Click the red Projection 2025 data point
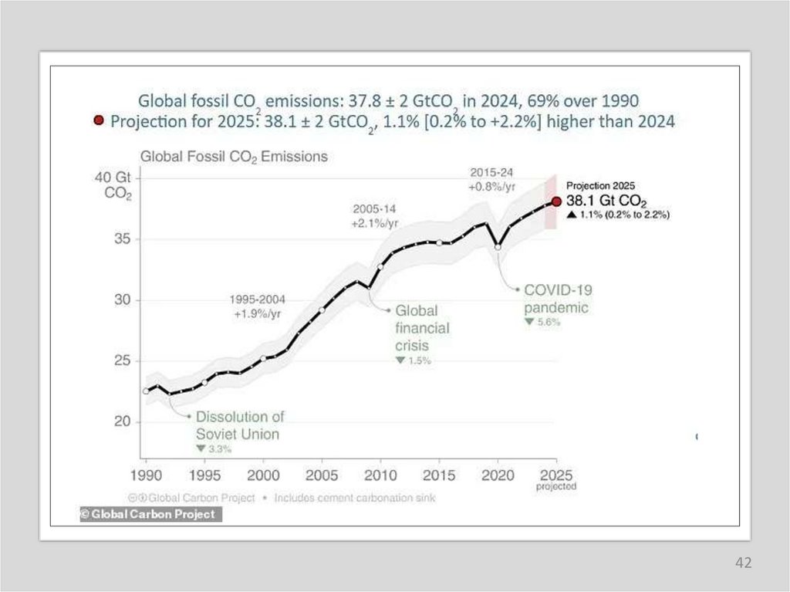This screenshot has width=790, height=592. (556, 201)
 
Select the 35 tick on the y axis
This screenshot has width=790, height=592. (121, 239)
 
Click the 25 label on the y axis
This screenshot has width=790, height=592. (121, 361)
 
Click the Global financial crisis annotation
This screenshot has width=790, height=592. (422, 328)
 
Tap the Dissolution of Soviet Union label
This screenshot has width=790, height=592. (239, 425)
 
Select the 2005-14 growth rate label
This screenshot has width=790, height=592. (375, 216)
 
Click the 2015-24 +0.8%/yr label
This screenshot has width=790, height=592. (491, 179)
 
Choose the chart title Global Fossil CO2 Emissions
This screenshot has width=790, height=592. (233, 157)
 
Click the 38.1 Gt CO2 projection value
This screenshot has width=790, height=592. (606, 201)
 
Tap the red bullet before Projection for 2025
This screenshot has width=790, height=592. (99, 121)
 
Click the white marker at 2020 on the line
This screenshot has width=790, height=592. (498, 247)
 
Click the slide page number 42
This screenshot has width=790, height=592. (743, 563)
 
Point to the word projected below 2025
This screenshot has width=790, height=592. (556, 487)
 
